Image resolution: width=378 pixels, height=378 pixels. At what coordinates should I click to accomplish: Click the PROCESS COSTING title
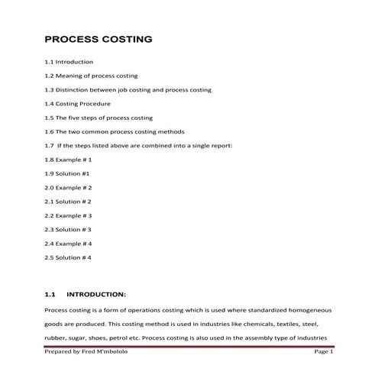[x=99, y=39]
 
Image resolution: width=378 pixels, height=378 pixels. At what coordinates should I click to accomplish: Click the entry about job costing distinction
[x=128, y=89]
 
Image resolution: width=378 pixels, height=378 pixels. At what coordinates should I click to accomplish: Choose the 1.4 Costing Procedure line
[x=77, y=104]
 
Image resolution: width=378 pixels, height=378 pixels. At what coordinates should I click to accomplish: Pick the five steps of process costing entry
[x=99, y=118]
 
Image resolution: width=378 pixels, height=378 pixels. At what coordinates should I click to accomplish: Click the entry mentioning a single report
[x=138, y=145]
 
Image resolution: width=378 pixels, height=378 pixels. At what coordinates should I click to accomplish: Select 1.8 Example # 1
[x=68, y=160]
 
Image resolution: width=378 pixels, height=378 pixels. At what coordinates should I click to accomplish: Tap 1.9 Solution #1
[x=67, y=173]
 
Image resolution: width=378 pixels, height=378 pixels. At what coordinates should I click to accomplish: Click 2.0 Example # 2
[x=68, y=187]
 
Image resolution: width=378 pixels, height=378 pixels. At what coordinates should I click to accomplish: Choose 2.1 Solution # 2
[x=68, y=202]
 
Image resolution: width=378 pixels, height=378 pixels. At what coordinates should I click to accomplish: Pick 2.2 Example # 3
[x=68, y=215]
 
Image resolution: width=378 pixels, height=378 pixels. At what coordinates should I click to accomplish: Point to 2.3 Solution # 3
[x=68, y=229]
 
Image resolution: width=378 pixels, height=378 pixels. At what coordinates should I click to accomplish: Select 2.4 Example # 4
[x=68, y=244]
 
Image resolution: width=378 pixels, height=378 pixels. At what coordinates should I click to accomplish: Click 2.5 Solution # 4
[x=68, y=257]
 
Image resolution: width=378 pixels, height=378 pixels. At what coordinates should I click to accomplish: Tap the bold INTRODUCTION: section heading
[x=95, y=294]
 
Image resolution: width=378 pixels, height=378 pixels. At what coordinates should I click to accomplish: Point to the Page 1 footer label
[x=324, y=351]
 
